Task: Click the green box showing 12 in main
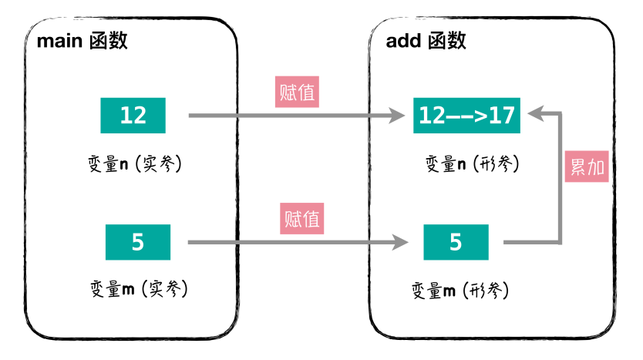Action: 133,116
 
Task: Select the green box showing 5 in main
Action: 138,242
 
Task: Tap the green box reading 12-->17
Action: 466,116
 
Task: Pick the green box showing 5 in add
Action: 456,242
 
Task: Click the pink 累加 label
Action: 587,167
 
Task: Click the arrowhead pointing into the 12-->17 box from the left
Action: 397,116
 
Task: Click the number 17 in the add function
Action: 500,116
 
